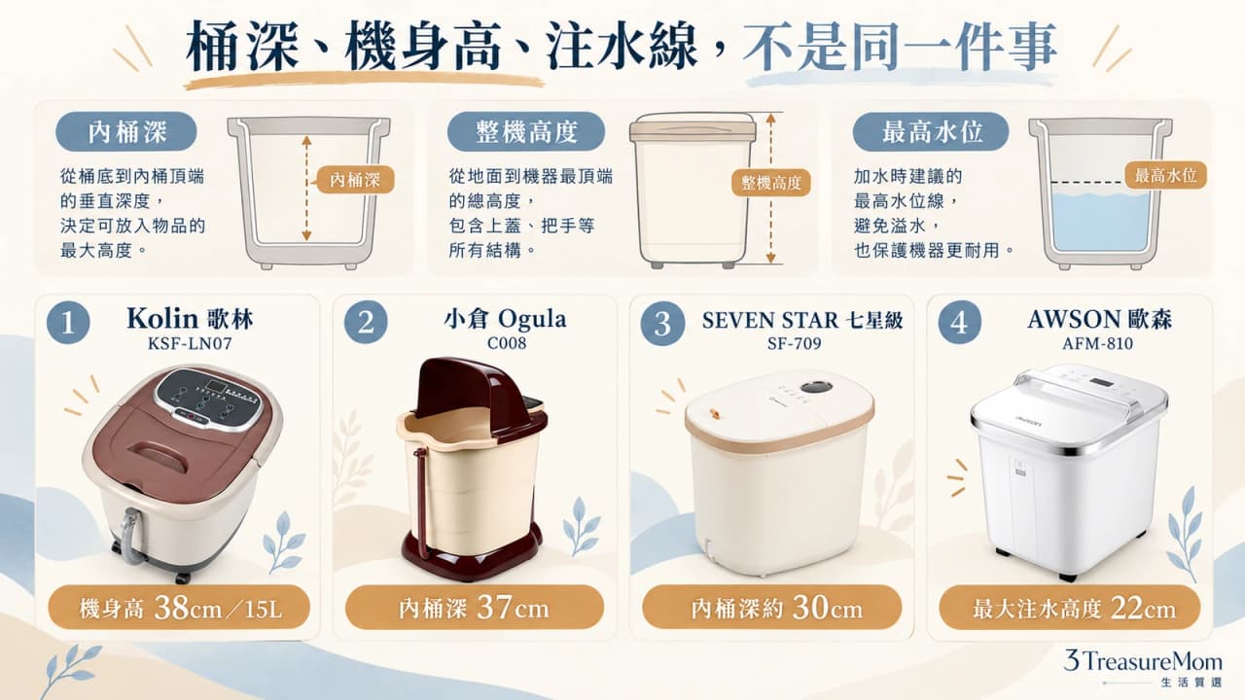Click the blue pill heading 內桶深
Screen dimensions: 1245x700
[x=126, y=131]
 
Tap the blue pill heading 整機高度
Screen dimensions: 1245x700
[x=526, y=131]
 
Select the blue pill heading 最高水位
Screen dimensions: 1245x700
[x=931, y=131]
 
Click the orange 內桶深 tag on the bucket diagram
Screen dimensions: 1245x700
[x=355, y=180]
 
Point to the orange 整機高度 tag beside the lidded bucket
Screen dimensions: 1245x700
[x=771, y=183]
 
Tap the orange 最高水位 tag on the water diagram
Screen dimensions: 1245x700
[x=1165, y=176]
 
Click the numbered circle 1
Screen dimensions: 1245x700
[x=68, y=322]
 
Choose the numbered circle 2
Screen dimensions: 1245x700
[x=366, y=322]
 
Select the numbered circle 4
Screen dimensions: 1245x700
[x=959, y=322]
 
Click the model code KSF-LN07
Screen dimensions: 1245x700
[x=190, y=344]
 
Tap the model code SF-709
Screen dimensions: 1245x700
[x=795, y=344]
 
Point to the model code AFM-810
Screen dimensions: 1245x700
[x=1098, y=344]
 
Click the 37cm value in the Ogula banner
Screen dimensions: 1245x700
[x=513, y=608]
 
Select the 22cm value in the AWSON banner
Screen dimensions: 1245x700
[x=1143, y=609]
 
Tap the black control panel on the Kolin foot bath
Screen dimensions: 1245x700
[x=208, y=399]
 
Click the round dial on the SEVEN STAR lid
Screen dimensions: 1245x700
[x=815, y=388]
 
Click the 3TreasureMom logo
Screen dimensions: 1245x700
[x=1143, y=667]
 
